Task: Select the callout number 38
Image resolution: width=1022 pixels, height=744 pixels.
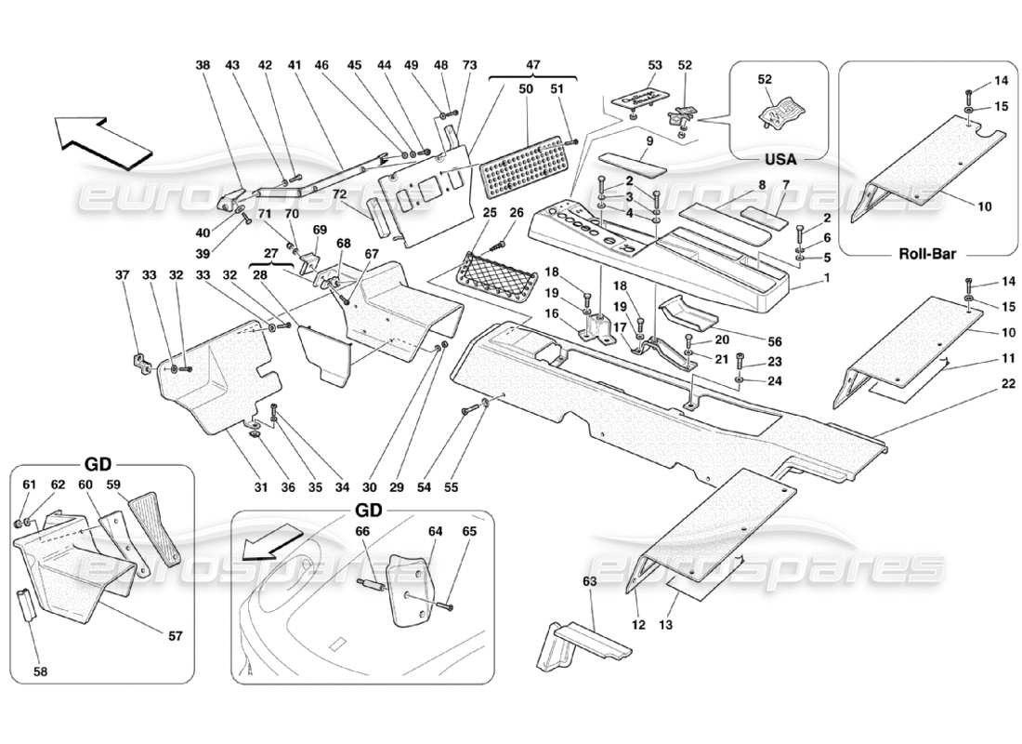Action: pyautogui.click(x=203, y=66)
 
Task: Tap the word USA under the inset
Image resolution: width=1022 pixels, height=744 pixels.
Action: pyautogui.click(x=779, y=158)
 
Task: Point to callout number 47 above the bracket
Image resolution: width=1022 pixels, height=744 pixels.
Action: pyautogui.click(x=532, y=66)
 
